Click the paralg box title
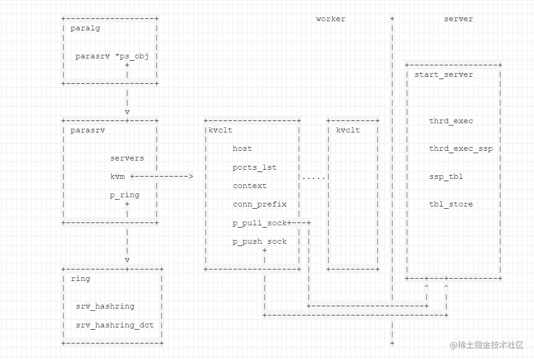pos(85,28)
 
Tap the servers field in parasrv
pos(127,158)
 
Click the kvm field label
pos(117,177)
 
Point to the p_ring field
pos(124,195)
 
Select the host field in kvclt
pos(242,149)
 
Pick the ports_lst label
pos(254,167)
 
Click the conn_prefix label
pos(259,204)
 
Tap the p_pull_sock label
pos(259,223)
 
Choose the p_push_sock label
pos(259,241)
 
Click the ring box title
pos(80,279)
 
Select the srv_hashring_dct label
pos(115,325)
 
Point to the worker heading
pos(330,19)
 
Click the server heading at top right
pos(458,19)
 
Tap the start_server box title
pos(443,74)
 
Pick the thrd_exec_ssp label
pos(460,149)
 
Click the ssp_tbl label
pos(446,177)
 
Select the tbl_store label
pos(451,204)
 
